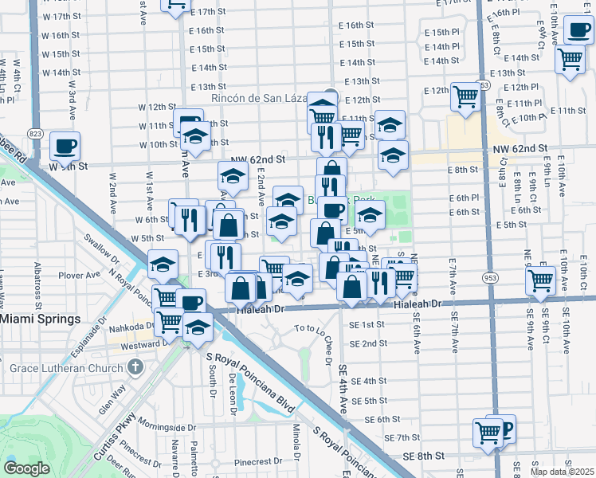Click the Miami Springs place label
pyautogui.click(x=41, y=319)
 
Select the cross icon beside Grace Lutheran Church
pyautogui.click(x=135, y=368)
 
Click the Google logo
pyautogui.click(x=26, y=468)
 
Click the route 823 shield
pyautogui.click(x=33, y=133)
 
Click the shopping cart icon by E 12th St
pyautogui.click(x=465, y=97)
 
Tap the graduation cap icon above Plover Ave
pyautogui.click(x=163, y=264)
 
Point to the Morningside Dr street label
pyautogui.click(x=166, y=423)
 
